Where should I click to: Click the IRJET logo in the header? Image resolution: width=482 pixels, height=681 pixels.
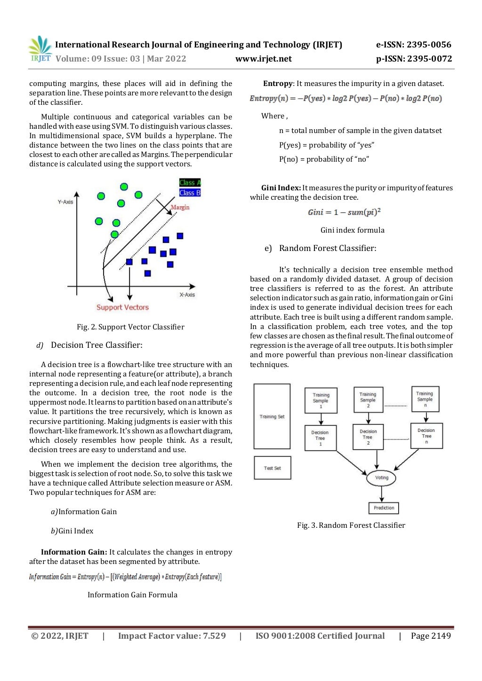tap(40, 49)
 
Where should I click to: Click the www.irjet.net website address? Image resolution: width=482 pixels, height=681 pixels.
tap(263, 59)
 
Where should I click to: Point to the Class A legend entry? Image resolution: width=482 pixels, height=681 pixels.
tap(190, 182)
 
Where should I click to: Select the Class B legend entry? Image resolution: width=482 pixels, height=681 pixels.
tap(190, 193)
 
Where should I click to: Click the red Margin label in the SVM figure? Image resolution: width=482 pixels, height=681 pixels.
tap(180, 207)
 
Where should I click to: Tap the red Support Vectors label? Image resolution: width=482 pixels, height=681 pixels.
tap(122, 307)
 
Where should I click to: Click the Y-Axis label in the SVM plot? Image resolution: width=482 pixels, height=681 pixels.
tap(65, 202)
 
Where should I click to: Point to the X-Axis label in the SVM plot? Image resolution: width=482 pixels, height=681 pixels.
tap(187, 295)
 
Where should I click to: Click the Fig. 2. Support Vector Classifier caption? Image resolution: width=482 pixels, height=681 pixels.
tap(130, 327)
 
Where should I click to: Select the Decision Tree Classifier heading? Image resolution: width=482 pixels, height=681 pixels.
tap(96, 345)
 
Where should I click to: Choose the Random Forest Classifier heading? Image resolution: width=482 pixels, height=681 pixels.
tap(328, 248)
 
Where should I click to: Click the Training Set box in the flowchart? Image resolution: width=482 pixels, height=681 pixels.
tap(272, 416)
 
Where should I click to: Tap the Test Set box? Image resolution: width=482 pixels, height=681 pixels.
tap(272, 468)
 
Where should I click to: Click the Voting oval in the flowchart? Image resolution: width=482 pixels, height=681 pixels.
tap(381, 477)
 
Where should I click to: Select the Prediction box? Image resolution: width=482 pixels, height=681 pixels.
tap(384, 508)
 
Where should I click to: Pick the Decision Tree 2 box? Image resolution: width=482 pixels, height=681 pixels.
tap(368, 437)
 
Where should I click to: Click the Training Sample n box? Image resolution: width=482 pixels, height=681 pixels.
tap(425, 399)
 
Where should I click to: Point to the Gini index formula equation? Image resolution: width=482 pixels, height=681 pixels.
tap(344, 212)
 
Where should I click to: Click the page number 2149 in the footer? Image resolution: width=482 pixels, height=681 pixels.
tap(431, 636)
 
